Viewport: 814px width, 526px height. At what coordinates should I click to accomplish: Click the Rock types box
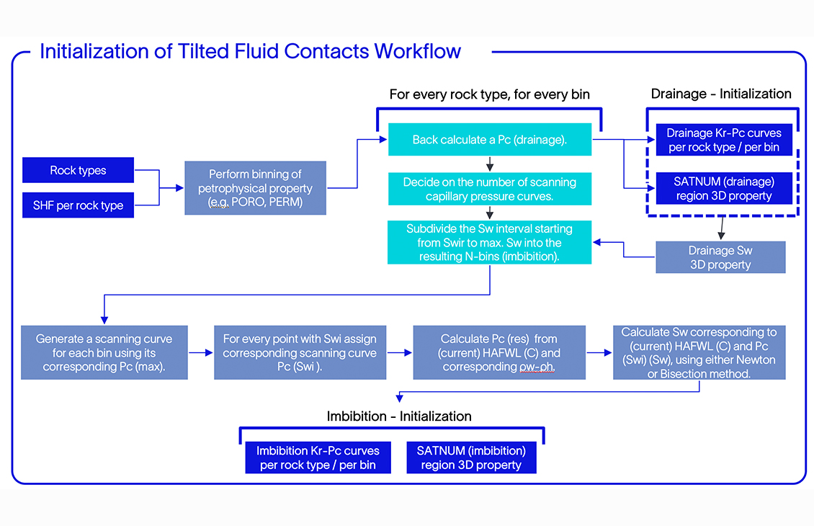tap(78, 171)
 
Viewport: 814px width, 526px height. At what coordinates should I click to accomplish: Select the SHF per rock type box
tap(78, 205)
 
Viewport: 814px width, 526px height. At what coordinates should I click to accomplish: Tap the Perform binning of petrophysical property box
tap(255, 188)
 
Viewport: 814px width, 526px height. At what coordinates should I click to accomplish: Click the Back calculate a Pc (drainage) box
tap(490, 140)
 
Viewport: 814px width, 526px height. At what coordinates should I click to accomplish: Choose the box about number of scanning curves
tap(490, 189)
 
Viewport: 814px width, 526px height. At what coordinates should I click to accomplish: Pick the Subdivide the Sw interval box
tap(490, 242)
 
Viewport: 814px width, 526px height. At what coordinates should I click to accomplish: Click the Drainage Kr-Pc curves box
tap(723, 141)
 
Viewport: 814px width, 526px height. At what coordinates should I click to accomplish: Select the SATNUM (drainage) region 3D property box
tap(723, 189)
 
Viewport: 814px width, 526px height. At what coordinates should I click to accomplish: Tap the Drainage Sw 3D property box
tap(720, 257)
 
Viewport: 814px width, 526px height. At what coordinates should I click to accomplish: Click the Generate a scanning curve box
tap(104, 352)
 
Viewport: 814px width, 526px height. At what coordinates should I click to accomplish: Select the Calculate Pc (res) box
tap(499, 352)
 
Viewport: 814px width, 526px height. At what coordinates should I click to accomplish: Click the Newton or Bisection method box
tap(699, 352)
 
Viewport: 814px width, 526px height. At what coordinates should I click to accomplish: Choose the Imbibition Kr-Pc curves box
tap(318, 458)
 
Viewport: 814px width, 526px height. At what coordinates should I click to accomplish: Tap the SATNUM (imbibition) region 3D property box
tap(471, 458)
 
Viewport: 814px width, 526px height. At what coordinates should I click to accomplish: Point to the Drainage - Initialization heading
tap(721, 94)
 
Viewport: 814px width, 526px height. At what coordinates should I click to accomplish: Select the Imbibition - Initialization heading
tap(399, 416)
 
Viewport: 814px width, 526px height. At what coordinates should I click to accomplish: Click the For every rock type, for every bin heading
tap(490, 94)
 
